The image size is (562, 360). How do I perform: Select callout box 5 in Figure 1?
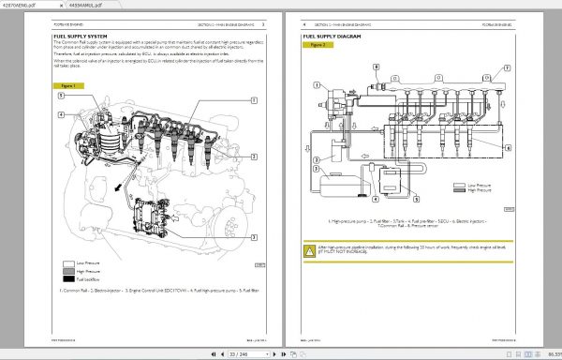61,96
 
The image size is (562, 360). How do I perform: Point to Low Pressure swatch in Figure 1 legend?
69,263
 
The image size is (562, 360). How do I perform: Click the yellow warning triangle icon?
309,249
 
